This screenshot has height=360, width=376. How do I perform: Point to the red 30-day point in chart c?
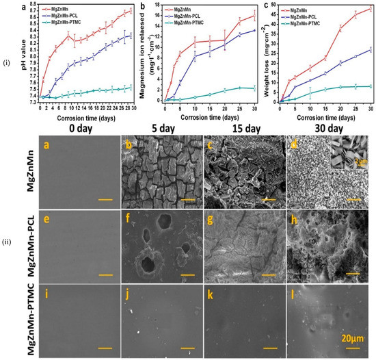pos(370,8)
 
